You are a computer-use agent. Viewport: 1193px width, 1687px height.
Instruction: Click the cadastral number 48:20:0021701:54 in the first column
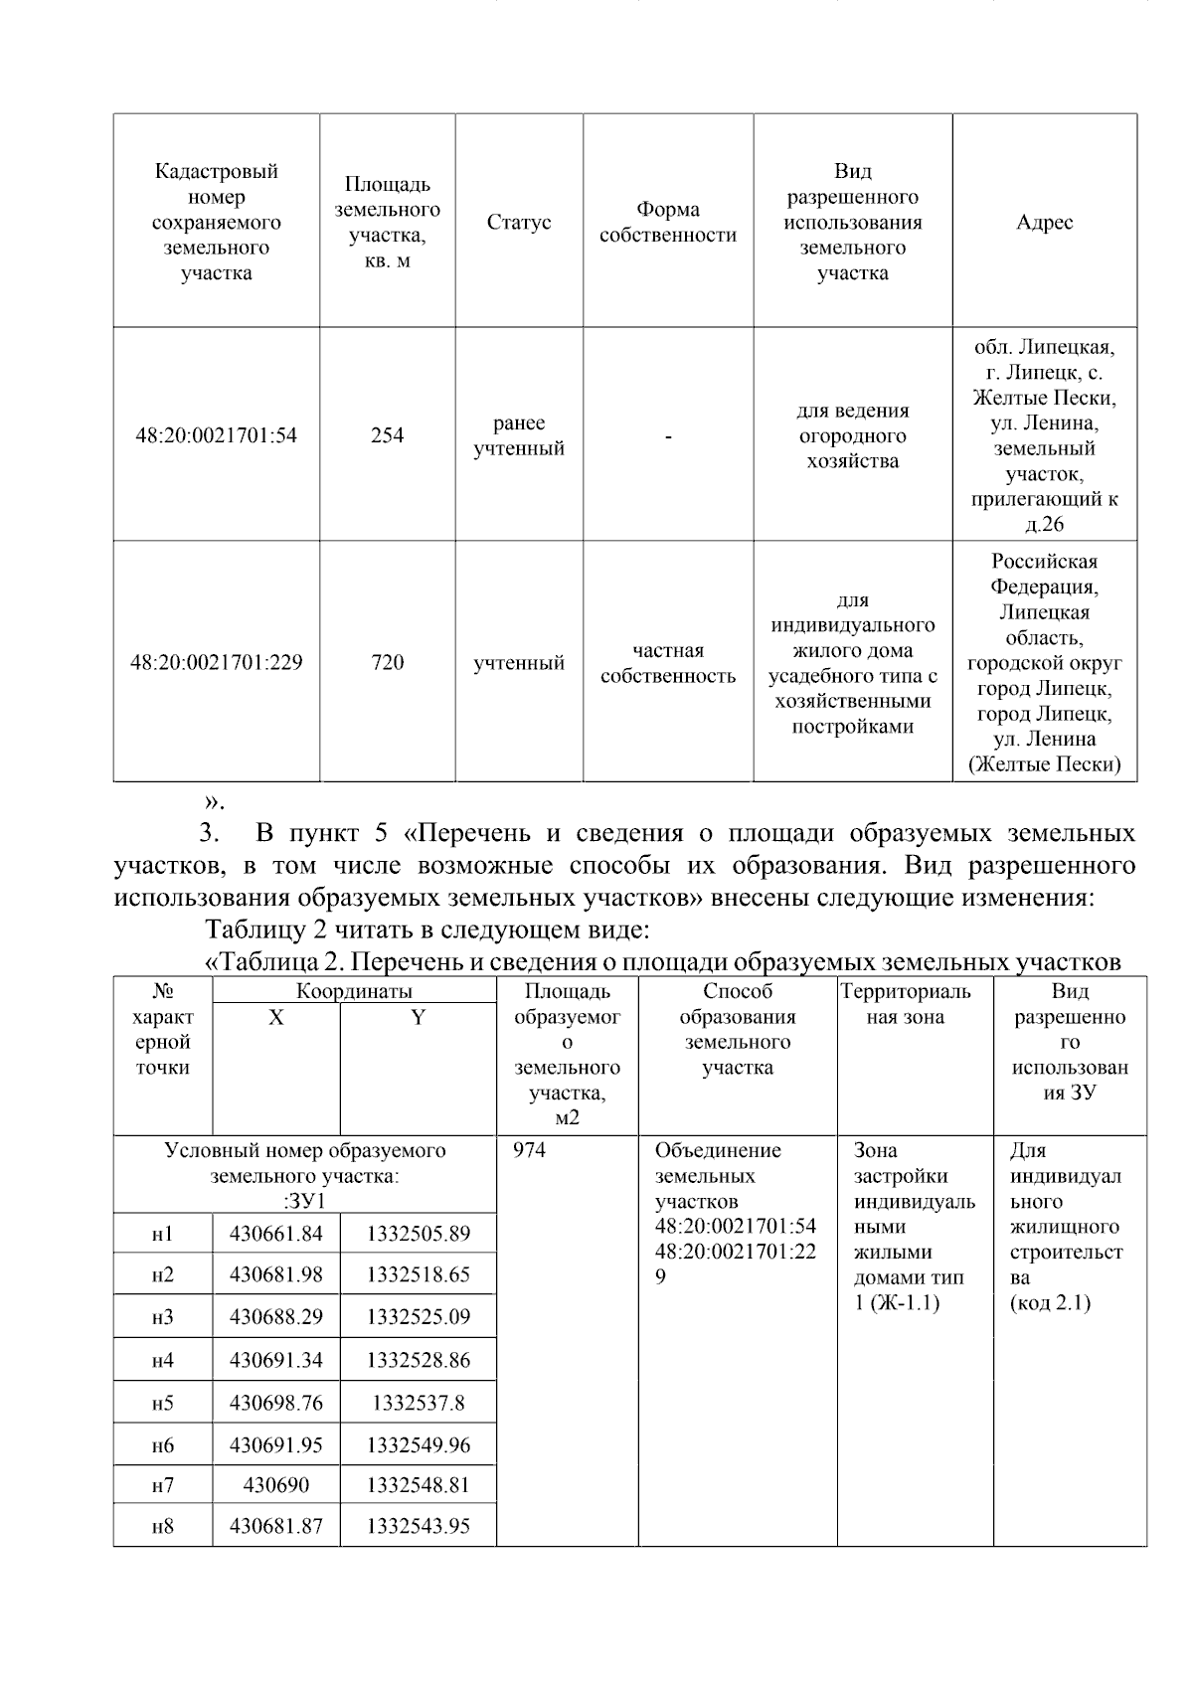[x=216, y=435]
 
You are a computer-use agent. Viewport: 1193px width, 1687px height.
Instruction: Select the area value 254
[x=387, y=435]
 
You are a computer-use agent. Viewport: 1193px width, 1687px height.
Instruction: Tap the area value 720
[x=387, y=662]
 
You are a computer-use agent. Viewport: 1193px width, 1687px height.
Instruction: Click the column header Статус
[x=519, y=222]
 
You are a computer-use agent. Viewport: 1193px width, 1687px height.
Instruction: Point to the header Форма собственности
[x=668, y=222]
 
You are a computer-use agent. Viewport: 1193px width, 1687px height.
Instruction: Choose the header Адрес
[x=1044, y=222]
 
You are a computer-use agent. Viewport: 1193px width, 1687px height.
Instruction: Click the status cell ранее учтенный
[x=519, y=435]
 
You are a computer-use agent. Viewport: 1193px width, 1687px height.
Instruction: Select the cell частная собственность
[x=668, y=663]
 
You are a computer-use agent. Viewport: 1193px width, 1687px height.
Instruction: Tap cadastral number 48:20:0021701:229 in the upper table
[x=216, y=662]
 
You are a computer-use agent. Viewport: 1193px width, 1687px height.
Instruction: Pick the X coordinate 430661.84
[x=275, y=1234]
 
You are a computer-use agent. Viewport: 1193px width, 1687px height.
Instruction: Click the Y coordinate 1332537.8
[x=418, y=1403]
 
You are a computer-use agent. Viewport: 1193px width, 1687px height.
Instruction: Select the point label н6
[x=162, y=1445]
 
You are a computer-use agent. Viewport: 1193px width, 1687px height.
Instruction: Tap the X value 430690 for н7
[x=275, y=1486]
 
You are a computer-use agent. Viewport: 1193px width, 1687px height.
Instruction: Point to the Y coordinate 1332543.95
[x=418, y=1526]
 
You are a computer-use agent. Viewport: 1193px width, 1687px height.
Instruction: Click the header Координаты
[x=354, y=991]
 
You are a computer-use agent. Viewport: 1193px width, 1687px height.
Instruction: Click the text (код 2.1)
[x=1050, y=1302]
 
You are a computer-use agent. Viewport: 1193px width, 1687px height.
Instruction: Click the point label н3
[x=162, y=1317]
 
